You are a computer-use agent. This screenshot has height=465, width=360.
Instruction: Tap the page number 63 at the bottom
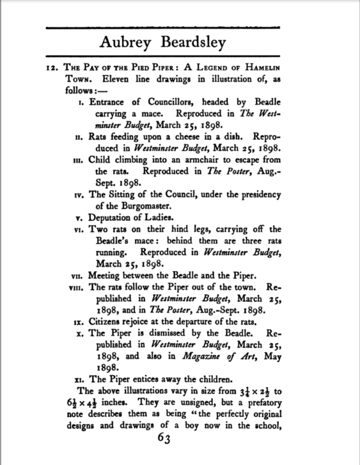coord(163,439)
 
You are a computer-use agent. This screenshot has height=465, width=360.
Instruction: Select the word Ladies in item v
coord(161,217)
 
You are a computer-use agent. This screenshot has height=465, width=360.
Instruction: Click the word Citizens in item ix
coord(104,322)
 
